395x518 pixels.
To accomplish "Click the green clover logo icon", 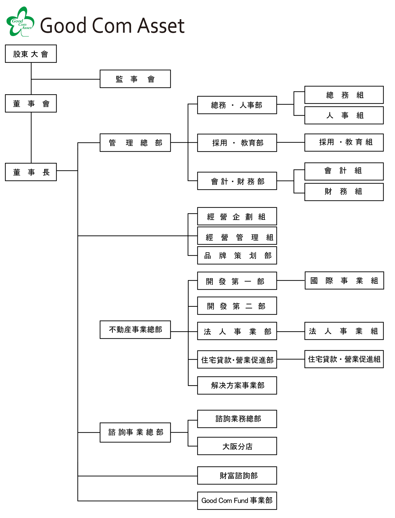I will coord(20,22).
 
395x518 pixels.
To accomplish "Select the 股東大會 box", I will coord(31,54).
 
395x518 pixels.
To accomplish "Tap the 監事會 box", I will coord(135,79).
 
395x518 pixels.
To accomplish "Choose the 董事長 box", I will coord(31,172).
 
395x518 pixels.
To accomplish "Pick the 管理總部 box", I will coord(135,143).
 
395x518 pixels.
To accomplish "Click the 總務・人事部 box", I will coord(237,105).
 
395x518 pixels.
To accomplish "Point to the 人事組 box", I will coord(344,115).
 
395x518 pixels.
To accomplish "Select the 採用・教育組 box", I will coord(344,142).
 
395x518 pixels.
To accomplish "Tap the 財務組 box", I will coord(344,191).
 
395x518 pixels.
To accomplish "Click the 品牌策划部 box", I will coord(237,255).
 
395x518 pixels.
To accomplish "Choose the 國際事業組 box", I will coord(344,280).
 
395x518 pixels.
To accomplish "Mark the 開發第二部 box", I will coord(237,306).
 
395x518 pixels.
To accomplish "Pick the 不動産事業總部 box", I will coord(135,330).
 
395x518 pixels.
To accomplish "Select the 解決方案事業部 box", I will coord(237,385).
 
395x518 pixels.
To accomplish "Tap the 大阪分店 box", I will coord(237,446).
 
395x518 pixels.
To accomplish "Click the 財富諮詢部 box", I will coord(237,475).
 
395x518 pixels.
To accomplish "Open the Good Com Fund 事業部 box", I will coord(237,500).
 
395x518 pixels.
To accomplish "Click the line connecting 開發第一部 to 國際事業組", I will coord(291,280).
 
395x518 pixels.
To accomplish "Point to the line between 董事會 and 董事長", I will coord(31,138).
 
